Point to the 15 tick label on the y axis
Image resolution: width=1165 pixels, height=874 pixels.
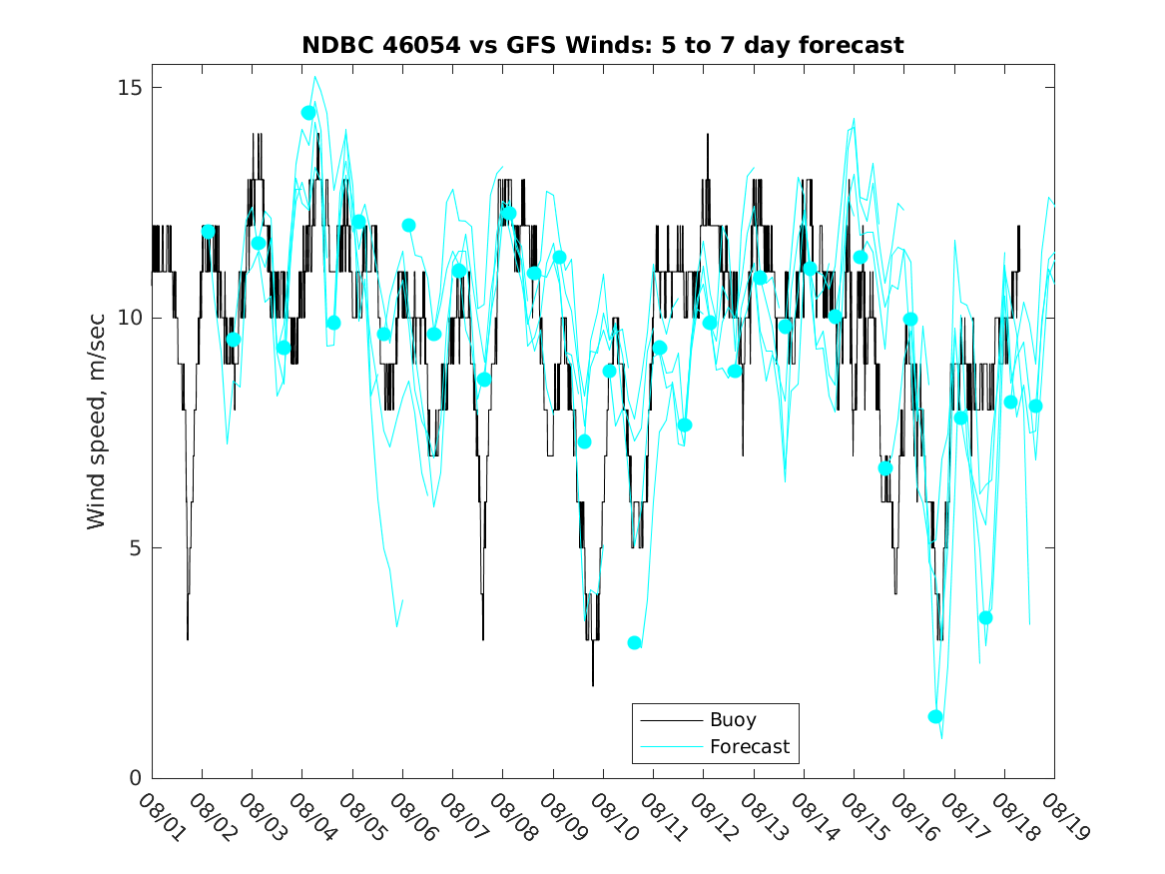click(130, 88)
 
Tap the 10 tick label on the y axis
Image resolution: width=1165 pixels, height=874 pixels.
click(130, 318)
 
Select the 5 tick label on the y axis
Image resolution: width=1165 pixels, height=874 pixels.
click(136, 548)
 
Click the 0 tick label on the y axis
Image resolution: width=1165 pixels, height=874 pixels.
click(136, 778)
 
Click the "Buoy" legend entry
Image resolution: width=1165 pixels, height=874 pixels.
click(732, 720)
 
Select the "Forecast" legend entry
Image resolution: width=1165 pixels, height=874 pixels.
click(749, 746)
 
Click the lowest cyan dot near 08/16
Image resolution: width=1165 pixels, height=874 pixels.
click(935, 716)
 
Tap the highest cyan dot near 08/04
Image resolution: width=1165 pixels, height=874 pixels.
click(308, 113)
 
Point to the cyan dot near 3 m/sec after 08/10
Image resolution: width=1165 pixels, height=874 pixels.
click(635, 642)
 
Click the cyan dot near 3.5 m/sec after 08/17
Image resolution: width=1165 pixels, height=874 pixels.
click(986, 617)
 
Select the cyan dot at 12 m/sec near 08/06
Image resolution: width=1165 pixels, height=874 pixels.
click(408, 226)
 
